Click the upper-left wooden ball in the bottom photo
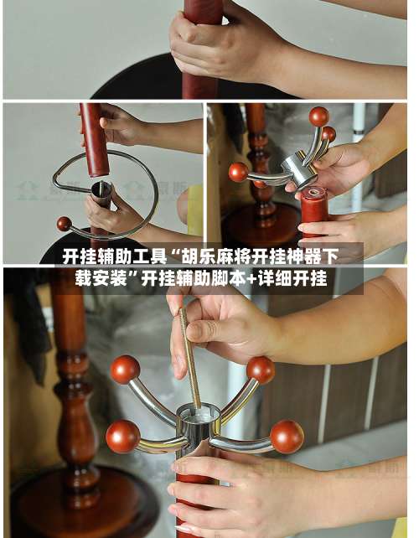[x=125, y=369]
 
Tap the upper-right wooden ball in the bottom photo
[x=261, y=369]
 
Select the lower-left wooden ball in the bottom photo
[x=122, y=436]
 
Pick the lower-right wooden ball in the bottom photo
[x=287, y=437]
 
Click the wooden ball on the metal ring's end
[x=64, y=224]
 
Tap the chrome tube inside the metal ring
[x=101, y=198]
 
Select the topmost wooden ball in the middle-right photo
[x=318, y=116]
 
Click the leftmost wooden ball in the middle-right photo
[x=239, y=172]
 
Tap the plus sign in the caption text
[x=253, y=278]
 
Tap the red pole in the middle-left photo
[x=95, y=138]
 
